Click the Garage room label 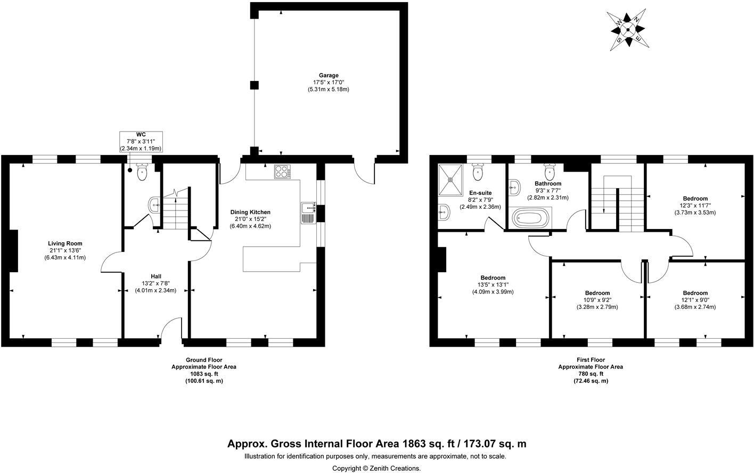click(x=329, y=76)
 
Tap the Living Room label click(x=65, y=243)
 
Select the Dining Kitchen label click(x=250, y=212)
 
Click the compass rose click(x=628, y=30)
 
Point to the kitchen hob click(x=283, y=172)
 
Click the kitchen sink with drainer click(x=308, y=213)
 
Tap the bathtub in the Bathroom click(x=530, y=218)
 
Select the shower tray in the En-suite click(x=450, y=180)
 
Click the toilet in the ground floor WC click(x=142, y=172)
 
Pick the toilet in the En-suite click(x=478, y=172)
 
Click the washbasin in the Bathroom click(x=515, y=187)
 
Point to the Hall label click(x=155, y=276)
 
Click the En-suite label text click(x=480, y=193)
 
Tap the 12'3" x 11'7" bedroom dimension click(x=695, y=206)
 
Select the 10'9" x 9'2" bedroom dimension click(x=597, y=300)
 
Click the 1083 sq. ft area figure click(x=204, y=374)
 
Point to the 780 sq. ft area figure click(x=591, y=374)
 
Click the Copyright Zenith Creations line click(x=376, y=468)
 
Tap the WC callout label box click(x=141, y=141)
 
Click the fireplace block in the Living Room click(x=13, y=251)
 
